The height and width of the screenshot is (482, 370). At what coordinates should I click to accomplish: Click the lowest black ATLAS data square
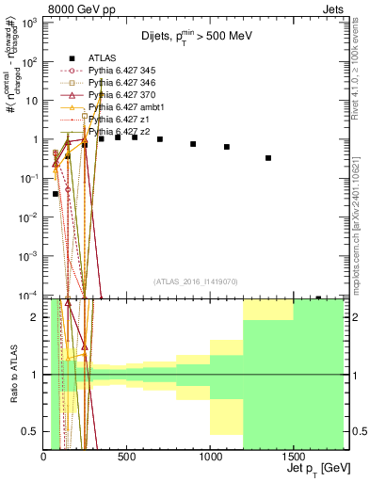pyautogui.click(x=56, y=194)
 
